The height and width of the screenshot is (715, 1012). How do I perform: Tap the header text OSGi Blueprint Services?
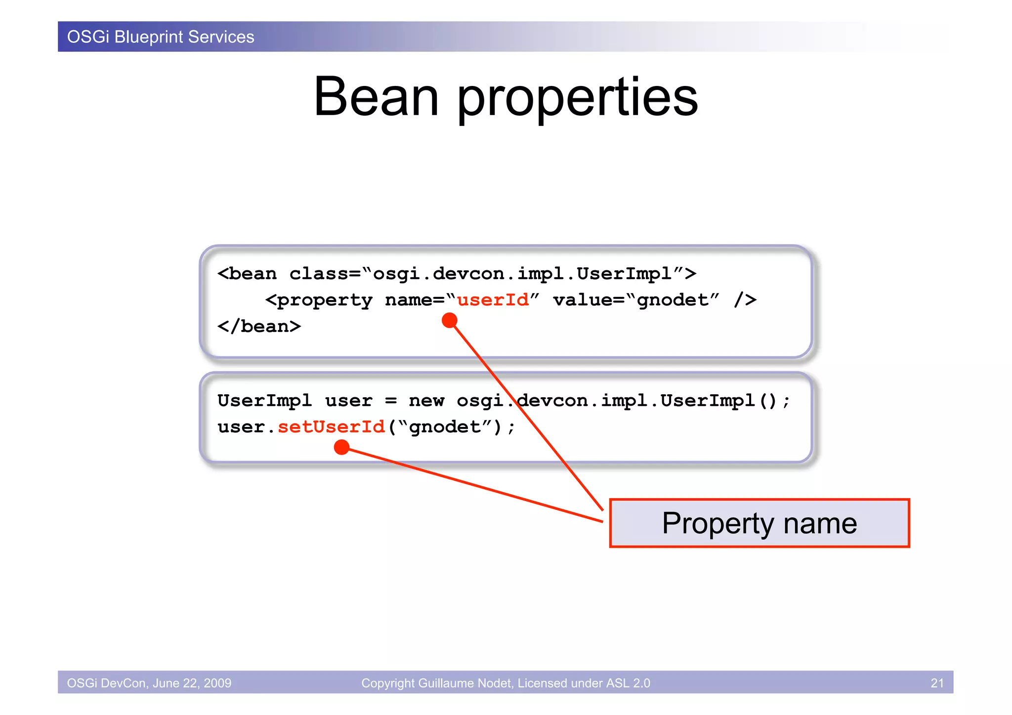pyautogui.click(x=161, y=37)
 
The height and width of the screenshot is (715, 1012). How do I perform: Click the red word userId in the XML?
pyautogui.click(x=493, y=300)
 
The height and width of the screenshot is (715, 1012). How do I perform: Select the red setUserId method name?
pyautogui.click(x=331, y=427)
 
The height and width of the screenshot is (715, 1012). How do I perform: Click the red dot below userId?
pyautogui.click(x=449, y=320)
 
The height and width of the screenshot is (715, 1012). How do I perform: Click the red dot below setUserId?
pyautogui.click(x=341, y=448)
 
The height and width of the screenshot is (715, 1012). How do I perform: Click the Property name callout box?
pyautogui.click(x=759, y=523)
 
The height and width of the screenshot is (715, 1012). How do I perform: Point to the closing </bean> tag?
pyautogui.click(x=259, y=327)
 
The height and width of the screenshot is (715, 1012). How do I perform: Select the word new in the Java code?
pyautogui.click(x=426, y=401)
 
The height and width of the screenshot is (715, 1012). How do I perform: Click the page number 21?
pyautogui.click(x=937, y=683)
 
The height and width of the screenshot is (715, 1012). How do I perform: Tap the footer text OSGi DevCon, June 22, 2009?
pyautogui.click(x=149, y=683)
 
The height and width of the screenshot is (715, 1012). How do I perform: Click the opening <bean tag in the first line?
pyautogui.click(x=247, y=274)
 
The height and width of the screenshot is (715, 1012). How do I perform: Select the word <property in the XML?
pyautogui.click(x=319, y=300)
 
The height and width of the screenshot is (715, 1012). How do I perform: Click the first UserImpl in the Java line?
pyautogui.click(x=264, y=401)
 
